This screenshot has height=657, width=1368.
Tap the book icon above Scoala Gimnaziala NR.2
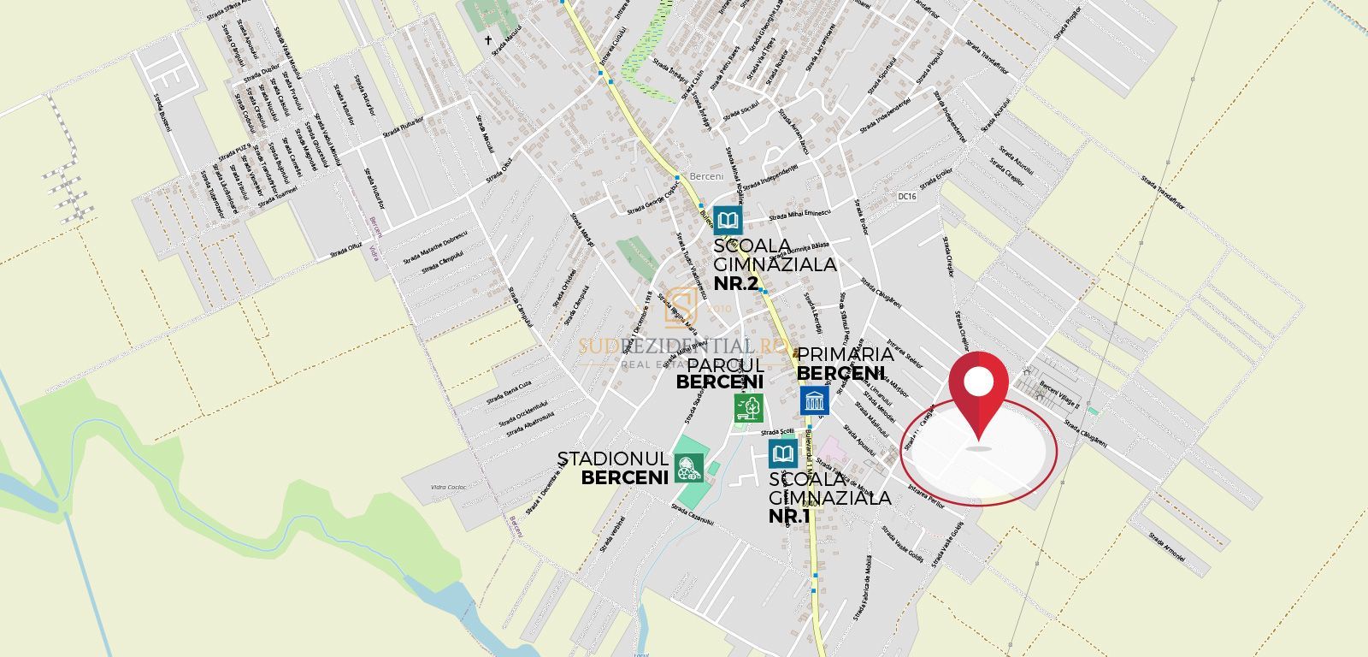click(x=728, y=221)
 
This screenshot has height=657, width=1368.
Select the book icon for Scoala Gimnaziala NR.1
click(x=783, y=454)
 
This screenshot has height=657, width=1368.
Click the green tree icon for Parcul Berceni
click(x=749, y=407)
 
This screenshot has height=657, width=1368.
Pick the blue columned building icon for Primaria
click(x=814, y=400)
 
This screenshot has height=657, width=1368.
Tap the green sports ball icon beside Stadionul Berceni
click(x=687, y=467)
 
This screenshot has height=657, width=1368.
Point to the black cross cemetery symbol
click(x=491, y=39)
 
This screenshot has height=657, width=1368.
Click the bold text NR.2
click(x=735, y=283)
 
